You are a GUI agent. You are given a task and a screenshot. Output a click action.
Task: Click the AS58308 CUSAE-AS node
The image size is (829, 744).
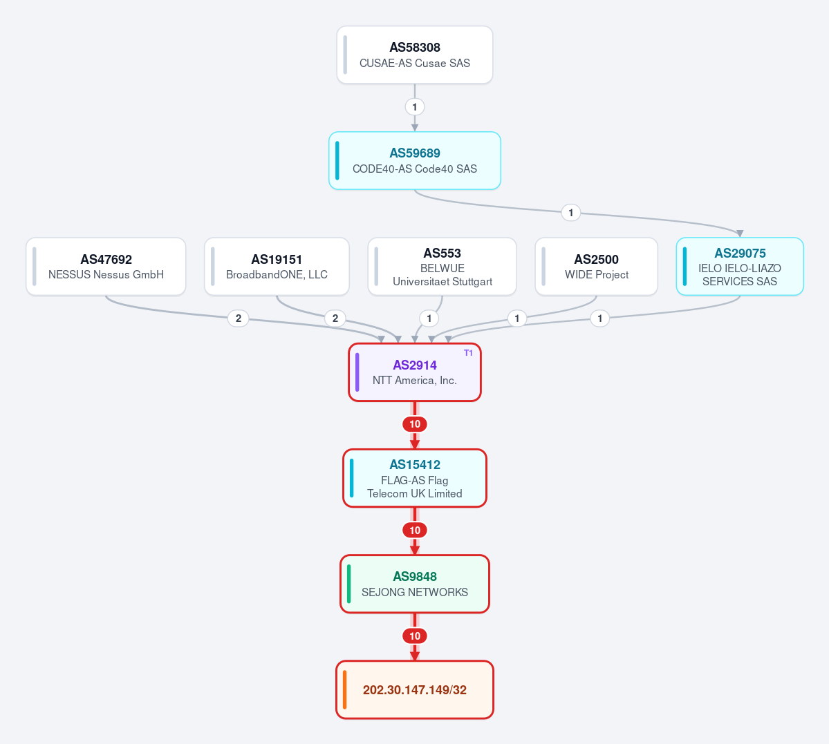[415, 55]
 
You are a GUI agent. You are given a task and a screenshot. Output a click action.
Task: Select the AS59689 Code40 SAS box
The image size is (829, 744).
[415, 161]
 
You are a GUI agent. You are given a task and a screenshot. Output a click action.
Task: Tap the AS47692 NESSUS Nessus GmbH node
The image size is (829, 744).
[106, 267]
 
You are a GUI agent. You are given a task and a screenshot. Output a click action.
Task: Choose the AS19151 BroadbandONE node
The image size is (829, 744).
[277, 267]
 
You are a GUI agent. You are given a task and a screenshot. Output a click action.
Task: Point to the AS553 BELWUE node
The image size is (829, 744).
[442, 267]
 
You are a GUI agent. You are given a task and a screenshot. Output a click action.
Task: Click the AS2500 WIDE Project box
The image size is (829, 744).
[597, 267]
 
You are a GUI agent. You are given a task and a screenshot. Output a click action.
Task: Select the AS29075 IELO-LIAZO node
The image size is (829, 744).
[740, 267]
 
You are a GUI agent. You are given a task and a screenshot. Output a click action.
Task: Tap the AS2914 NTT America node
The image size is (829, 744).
[415, 372]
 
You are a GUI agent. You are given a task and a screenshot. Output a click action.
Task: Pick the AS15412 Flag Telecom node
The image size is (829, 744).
[415, 478]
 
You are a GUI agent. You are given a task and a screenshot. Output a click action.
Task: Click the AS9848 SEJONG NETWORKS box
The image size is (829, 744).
[415, 584]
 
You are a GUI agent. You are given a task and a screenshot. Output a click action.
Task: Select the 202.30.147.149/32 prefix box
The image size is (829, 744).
[415, 689]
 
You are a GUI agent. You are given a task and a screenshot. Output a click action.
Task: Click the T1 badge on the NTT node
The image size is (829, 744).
[468, 353]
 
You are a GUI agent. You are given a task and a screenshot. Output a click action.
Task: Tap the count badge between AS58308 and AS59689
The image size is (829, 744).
[415, 107]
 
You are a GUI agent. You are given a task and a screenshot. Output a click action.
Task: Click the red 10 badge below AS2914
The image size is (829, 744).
[415, 424]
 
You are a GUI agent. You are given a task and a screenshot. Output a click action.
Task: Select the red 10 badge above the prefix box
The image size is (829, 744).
[415, 636]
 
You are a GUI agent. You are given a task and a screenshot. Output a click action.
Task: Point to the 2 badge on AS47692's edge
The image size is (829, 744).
[239, 318]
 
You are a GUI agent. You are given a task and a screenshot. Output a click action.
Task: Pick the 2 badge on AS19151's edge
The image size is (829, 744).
[335, 318]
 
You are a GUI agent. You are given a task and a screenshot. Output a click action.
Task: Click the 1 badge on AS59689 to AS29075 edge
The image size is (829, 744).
[570, 213]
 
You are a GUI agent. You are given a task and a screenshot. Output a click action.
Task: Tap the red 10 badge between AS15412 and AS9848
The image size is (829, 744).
[415, 530]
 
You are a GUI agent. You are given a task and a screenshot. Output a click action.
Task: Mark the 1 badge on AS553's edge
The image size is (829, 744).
[429, 318]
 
